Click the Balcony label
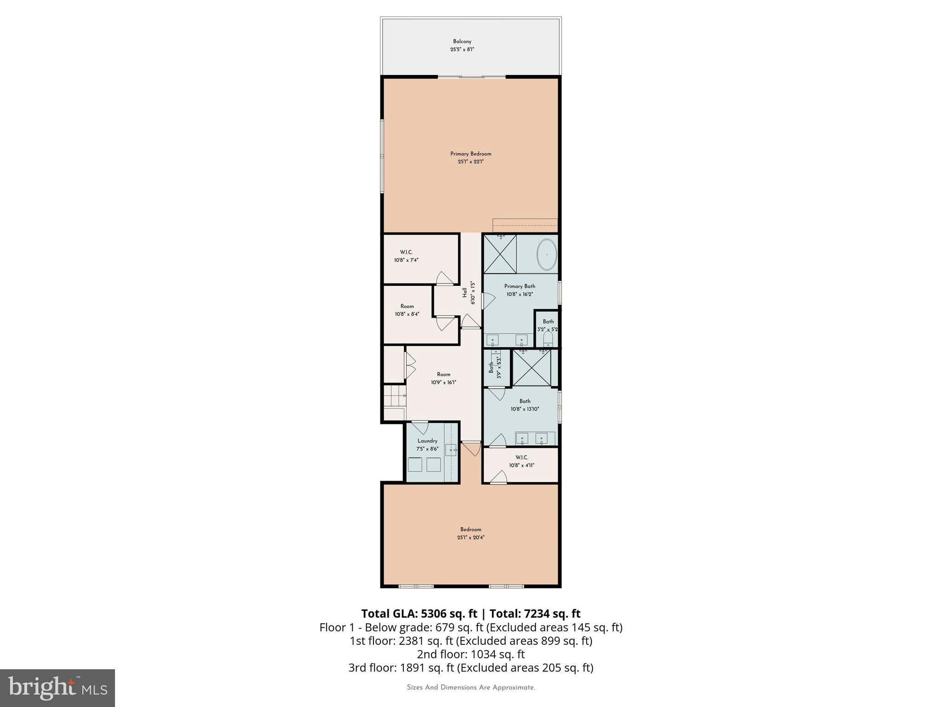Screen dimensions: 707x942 [462, 41]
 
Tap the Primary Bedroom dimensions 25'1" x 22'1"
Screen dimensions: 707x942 [470, 162]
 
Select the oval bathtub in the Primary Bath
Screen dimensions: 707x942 [547, 255]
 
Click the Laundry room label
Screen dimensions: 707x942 [427, 441]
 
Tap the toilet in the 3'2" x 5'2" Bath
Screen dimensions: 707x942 [547, 340]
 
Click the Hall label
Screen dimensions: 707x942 [465, 293]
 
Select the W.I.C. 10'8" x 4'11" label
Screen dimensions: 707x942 [521, 461]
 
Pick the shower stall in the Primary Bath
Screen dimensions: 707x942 [500, 254]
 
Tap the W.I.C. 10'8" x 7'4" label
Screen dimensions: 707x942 [406, 256]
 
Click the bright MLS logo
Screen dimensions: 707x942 [57, 688]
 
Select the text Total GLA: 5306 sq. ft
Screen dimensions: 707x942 [419, 614]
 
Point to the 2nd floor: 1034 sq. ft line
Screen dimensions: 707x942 [471, 654]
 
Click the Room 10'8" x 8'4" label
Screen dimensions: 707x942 [407, 310]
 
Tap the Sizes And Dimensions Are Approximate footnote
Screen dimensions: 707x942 [471, 688]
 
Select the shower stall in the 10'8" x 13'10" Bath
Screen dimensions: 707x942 [531, 368]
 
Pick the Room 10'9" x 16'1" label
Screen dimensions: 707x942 [443, 378]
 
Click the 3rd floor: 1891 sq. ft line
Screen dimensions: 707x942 [471, 667]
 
